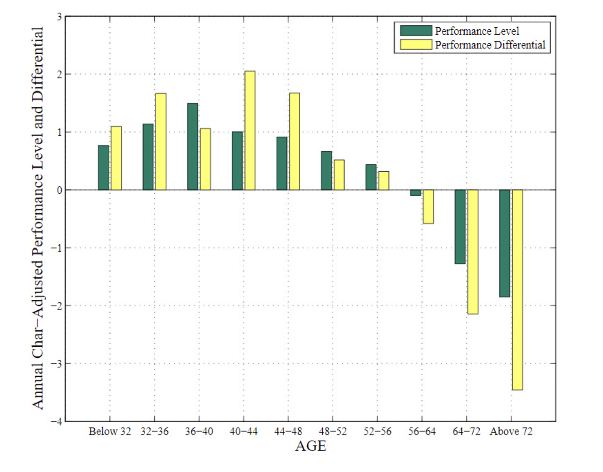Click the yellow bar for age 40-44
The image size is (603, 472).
(x=250, y=131)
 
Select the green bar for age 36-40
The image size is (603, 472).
(x=192, y=146)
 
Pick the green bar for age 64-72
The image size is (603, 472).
(x=460, y=227)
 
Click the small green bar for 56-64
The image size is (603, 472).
(x=415, y=192)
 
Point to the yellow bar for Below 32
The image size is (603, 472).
(x=116, y=158)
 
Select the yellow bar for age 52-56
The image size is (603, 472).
(x=384, y=181)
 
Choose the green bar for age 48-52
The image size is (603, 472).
(x=326, y=170)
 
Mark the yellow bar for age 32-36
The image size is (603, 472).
(x=161, y=142)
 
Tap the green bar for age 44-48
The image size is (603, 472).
(x=282, y=163)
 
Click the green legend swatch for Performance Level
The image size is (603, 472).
(x=415, y=31)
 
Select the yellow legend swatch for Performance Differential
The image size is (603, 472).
(x=415, y=44)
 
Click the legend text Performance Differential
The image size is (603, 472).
(x=490, y=45)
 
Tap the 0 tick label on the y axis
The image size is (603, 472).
(x=59, y=190)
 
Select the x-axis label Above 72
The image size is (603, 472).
(x=511, y=431)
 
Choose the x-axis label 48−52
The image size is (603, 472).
(x=333, y=431)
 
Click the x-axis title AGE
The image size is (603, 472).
(x=310, y=446)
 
